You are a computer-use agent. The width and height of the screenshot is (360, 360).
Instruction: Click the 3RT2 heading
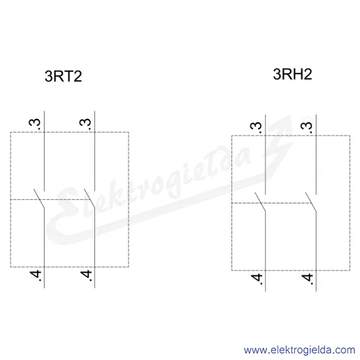coord(63,76)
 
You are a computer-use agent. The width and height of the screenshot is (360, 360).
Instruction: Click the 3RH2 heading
coord(292,74)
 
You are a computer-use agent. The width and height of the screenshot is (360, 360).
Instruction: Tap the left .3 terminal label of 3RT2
coord(35,124)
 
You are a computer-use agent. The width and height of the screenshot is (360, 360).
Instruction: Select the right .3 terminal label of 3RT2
coord(85,124)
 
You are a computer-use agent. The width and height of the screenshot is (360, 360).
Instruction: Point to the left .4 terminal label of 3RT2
coord(36,275)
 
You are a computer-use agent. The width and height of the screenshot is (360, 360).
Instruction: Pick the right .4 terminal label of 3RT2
coord(86,275)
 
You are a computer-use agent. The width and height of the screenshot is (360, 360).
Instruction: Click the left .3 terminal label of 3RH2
coord(256,127)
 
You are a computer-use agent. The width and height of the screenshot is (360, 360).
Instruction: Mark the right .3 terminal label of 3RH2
coord(307,127)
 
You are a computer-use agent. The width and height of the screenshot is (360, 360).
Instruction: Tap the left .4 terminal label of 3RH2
coord(257,279)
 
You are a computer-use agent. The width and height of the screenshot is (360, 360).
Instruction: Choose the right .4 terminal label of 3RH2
coord(307,279)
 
